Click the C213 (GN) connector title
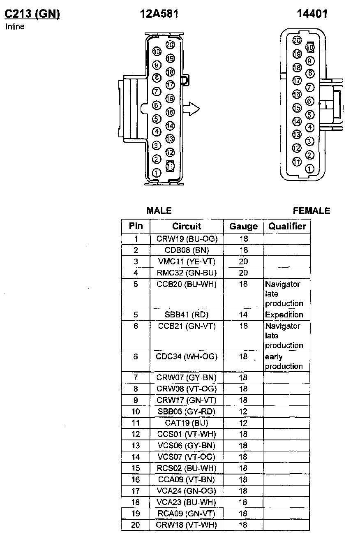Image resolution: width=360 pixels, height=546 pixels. tap(32, 14)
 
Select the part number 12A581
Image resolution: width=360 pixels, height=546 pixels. tap(159, 14)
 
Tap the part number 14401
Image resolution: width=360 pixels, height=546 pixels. tap(312, 14)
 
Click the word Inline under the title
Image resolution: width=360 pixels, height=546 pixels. tap(15, 27)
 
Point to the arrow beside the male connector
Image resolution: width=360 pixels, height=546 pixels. tap(191, 109)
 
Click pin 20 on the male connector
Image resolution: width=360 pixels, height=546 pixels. tap(170, 45)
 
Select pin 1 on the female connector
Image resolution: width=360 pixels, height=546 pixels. tap(310, 169)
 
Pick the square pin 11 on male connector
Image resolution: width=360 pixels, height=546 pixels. tap(170, 166)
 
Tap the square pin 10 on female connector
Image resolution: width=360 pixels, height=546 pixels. tap(310, 47)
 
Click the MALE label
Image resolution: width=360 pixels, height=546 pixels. tap(159, 211)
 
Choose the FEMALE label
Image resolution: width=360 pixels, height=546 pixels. tap(312, 211)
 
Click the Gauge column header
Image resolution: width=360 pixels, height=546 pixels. tap(243, 227)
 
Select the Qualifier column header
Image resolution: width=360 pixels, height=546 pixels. tap(287, 226)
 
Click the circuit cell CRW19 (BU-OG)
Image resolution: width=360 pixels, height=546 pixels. tap(187, 239)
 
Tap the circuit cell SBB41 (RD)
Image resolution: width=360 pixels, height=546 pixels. tap(187, 315)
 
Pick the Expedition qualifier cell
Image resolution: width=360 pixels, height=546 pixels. tap(284, 315)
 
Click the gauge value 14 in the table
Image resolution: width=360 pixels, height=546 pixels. tap(243, 315)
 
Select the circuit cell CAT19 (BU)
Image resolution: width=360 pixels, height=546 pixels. tap(187, 423)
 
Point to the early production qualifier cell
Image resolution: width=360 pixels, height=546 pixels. tap(284, 361)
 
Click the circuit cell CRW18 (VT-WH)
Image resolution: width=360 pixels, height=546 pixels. tap(187, 525)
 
